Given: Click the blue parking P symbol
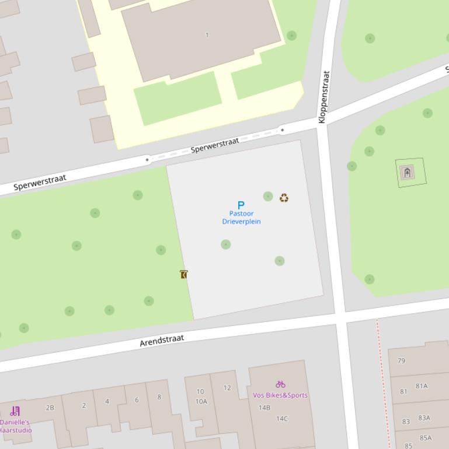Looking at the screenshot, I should pyautogui.click(x=241, y=205).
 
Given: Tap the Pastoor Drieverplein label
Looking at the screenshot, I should pyautogui.click(x=241, y=218).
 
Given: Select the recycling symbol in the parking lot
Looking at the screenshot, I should pyautogui.click(x=284, y=198).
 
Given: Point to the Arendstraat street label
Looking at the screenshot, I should pyautogui.click(x=162, y=341).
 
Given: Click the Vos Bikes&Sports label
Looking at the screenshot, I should pyautogui.click(x=280, y=395).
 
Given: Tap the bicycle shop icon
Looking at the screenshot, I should pyautogui.click(x=280, y=384).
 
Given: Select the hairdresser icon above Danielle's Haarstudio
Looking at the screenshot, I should pyautogui.click(x=15, y=411).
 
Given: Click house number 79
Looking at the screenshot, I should pyautogui.click(x=401, y=360).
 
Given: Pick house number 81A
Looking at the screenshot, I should pyautogui.click(x=422, y=385).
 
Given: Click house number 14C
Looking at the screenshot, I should pyautogui.click(x=282, y=418).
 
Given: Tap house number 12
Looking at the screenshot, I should pyautogui.click(x=227, y=388).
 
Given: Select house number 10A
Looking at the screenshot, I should pyautogui.click(x=201, y=401).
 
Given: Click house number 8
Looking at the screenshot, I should pyautogui.click(x=159, y=397).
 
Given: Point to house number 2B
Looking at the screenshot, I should pyautogui.click(x=50, y=408).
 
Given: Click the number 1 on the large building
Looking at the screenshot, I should pyautogui.click(x=207, y=35).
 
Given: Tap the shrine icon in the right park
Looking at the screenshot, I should pyautogui.click(x=407, y=172).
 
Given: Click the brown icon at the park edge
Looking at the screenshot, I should pyautogui.click(x=184, y=274).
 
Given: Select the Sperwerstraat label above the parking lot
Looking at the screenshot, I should pyautogui.click(x=215, y=145).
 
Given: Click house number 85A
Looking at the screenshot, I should pyautogui.click(x=425, y=438).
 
